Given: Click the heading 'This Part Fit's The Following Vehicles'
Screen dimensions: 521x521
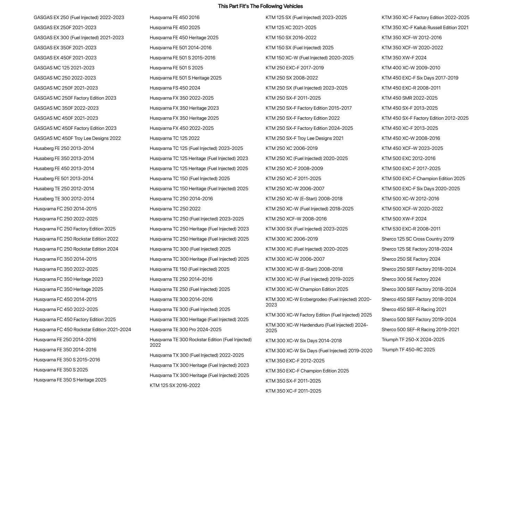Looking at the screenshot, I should coord(260,6).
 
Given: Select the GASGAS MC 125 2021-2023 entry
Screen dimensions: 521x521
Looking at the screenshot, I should coord(64,68).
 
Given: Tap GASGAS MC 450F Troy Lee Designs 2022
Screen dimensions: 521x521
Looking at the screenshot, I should coord(77,138).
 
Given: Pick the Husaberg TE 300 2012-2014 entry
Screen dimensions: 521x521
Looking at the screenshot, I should coord(64,199).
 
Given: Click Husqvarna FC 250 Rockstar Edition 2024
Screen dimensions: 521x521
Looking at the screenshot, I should coord(76,249).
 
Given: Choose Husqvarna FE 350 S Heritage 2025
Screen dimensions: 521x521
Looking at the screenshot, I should coord(70,380).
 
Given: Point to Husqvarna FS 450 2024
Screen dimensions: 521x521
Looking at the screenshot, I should coord(175,88).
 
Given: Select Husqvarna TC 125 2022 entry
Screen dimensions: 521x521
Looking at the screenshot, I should coord(175,138).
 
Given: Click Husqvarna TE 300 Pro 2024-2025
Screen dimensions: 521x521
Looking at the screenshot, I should coord(185,329).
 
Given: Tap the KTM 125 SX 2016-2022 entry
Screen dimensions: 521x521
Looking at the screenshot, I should coord(175,385).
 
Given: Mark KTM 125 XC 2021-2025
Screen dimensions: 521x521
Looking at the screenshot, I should coord(291,27).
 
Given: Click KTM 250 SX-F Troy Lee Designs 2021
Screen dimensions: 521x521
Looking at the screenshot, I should coord(304,138).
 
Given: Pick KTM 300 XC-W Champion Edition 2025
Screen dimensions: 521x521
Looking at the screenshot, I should coord(307,289).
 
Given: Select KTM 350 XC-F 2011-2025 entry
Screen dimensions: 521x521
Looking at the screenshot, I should coord(293,391).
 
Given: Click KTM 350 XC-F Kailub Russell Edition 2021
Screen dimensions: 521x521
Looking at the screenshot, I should coord(425,27).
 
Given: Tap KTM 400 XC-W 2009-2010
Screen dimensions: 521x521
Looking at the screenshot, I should coord(411,68).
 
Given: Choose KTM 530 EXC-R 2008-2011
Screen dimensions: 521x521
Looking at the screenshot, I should coord(411,229).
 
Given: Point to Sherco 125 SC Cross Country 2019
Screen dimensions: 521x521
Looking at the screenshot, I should coord(418,239).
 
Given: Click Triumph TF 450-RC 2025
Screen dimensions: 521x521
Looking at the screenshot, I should coord(408,350).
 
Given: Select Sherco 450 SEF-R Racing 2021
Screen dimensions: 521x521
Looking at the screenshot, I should coord(414,309).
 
